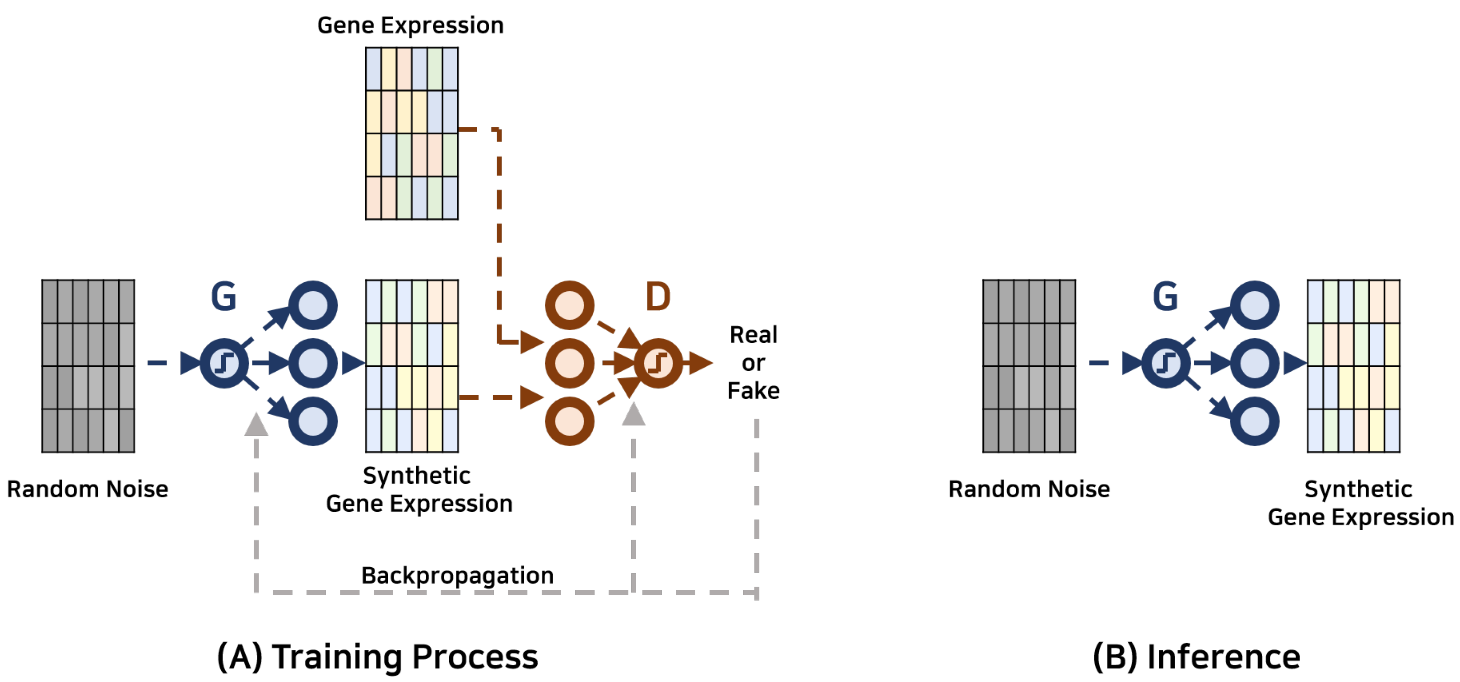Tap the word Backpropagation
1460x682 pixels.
tap(457, 575)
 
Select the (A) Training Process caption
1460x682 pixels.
tap(377, 657)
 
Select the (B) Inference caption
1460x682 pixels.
tap(1196, 657)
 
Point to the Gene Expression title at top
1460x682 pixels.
tap(410, 25)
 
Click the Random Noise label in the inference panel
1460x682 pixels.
tap(1029, 489)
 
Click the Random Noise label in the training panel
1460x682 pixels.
tap(87, 489)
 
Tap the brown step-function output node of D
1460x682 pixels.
tap(658, 363)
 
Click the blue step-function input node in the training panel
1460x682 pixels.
tap(224, 363)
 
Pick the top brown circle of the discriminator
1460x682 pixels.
tap(569, 305)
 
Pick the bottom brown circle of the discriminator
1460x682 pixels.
tap(569, 420)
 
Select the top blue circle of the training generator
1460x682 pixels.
tap(313, 305)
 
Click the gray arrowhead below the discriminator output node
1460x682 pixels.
tap(633, 415)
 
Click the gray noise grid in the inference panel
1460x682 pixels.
tap(1029, 366)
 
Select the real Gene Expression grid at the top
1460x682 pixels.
tap(411, 133)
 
